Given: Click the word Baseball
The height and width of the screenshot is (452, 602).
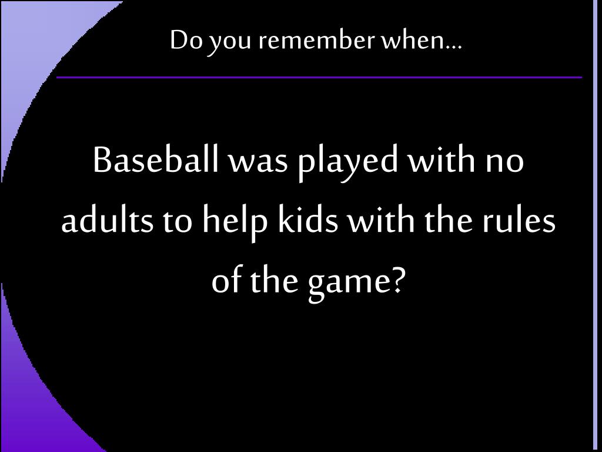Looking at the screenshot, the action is (x=155, y=159).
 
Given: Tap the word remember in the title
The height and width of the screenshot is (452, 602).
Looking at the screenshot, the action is (x=316, y=40).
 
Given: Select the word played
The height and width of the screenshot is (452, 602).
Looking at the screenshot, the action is (x=348, y=162).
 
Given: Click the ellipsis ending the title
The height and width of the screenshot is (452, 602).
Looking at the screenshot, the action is (x=454, y=47).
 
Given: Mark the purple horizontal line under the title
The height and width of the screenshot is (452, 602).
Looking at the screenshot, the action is (x=319, y=77).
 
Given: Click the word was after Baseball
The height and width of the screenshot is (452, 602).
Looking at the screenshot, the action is (x=259, y=163).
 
